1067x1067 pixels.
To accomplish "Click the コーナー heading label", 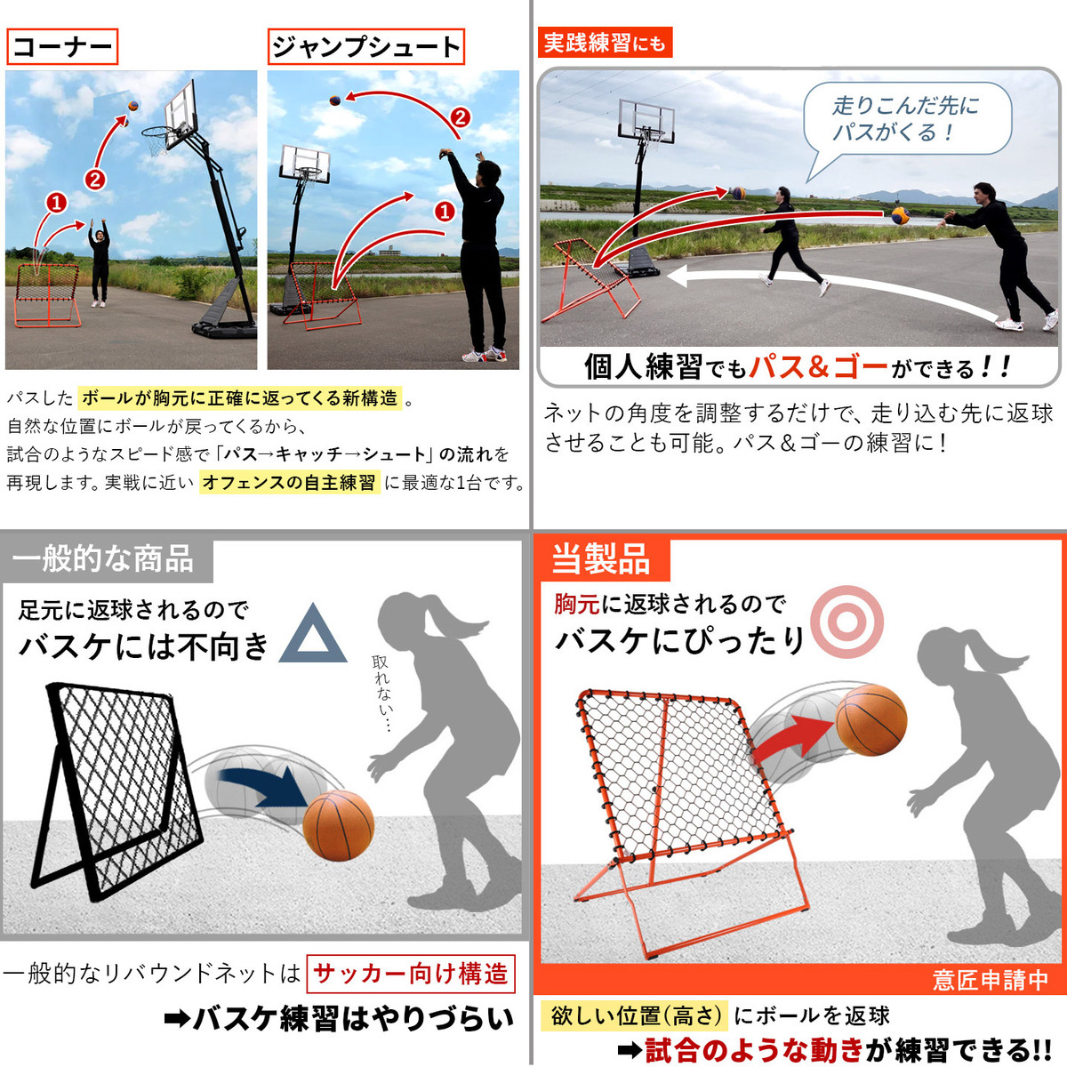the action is click(62, 46).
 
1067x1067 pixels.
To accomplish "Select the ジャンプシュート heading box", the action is click(366, 46).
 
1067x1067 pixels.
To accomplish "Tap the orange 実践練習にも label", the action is click(605, 42).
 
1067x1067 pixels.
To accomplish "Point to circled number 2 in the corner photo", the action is click(94, 180).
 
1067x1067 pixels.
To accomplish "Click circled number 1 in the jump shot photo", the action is click(445, 211).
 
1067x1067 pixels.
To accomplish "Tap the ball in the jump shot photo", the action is click(335, 100).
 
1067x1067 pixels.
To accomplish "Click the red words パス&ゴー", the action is click(818, 367).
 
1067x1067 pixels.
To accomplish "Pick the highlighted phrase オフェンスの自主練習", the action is click(289, 482).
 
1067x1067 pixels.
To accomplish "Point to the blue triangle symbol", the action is click(313, 636).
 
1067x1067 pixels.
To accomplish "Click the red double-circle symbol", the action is click(846, 622).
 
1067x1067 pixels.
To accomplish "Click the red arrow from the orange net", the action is click(793, 736).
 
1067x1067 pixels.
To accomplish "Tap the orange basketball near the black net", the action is click(338, 825).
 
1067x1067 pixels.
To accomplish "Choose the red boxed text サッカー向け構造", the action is click(410, 974).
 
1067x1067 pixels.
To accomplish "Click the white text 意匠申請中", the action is click(990, 980).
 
